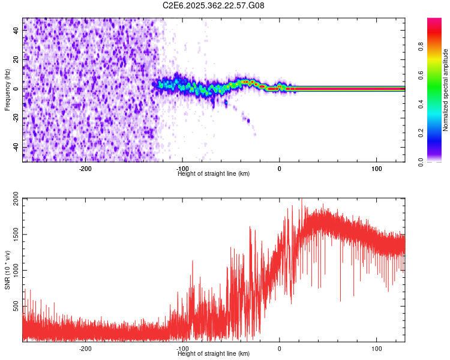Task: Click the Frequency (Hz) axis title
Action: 7,89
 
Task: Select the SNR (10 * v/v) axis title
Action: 7,269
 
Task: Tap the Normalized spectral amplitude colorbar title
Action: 446,91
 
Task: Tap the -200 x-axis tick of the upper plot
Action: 85,168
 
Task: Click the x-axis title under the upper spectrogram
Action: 214,173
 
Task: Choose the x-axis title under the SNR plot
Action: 214,353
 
